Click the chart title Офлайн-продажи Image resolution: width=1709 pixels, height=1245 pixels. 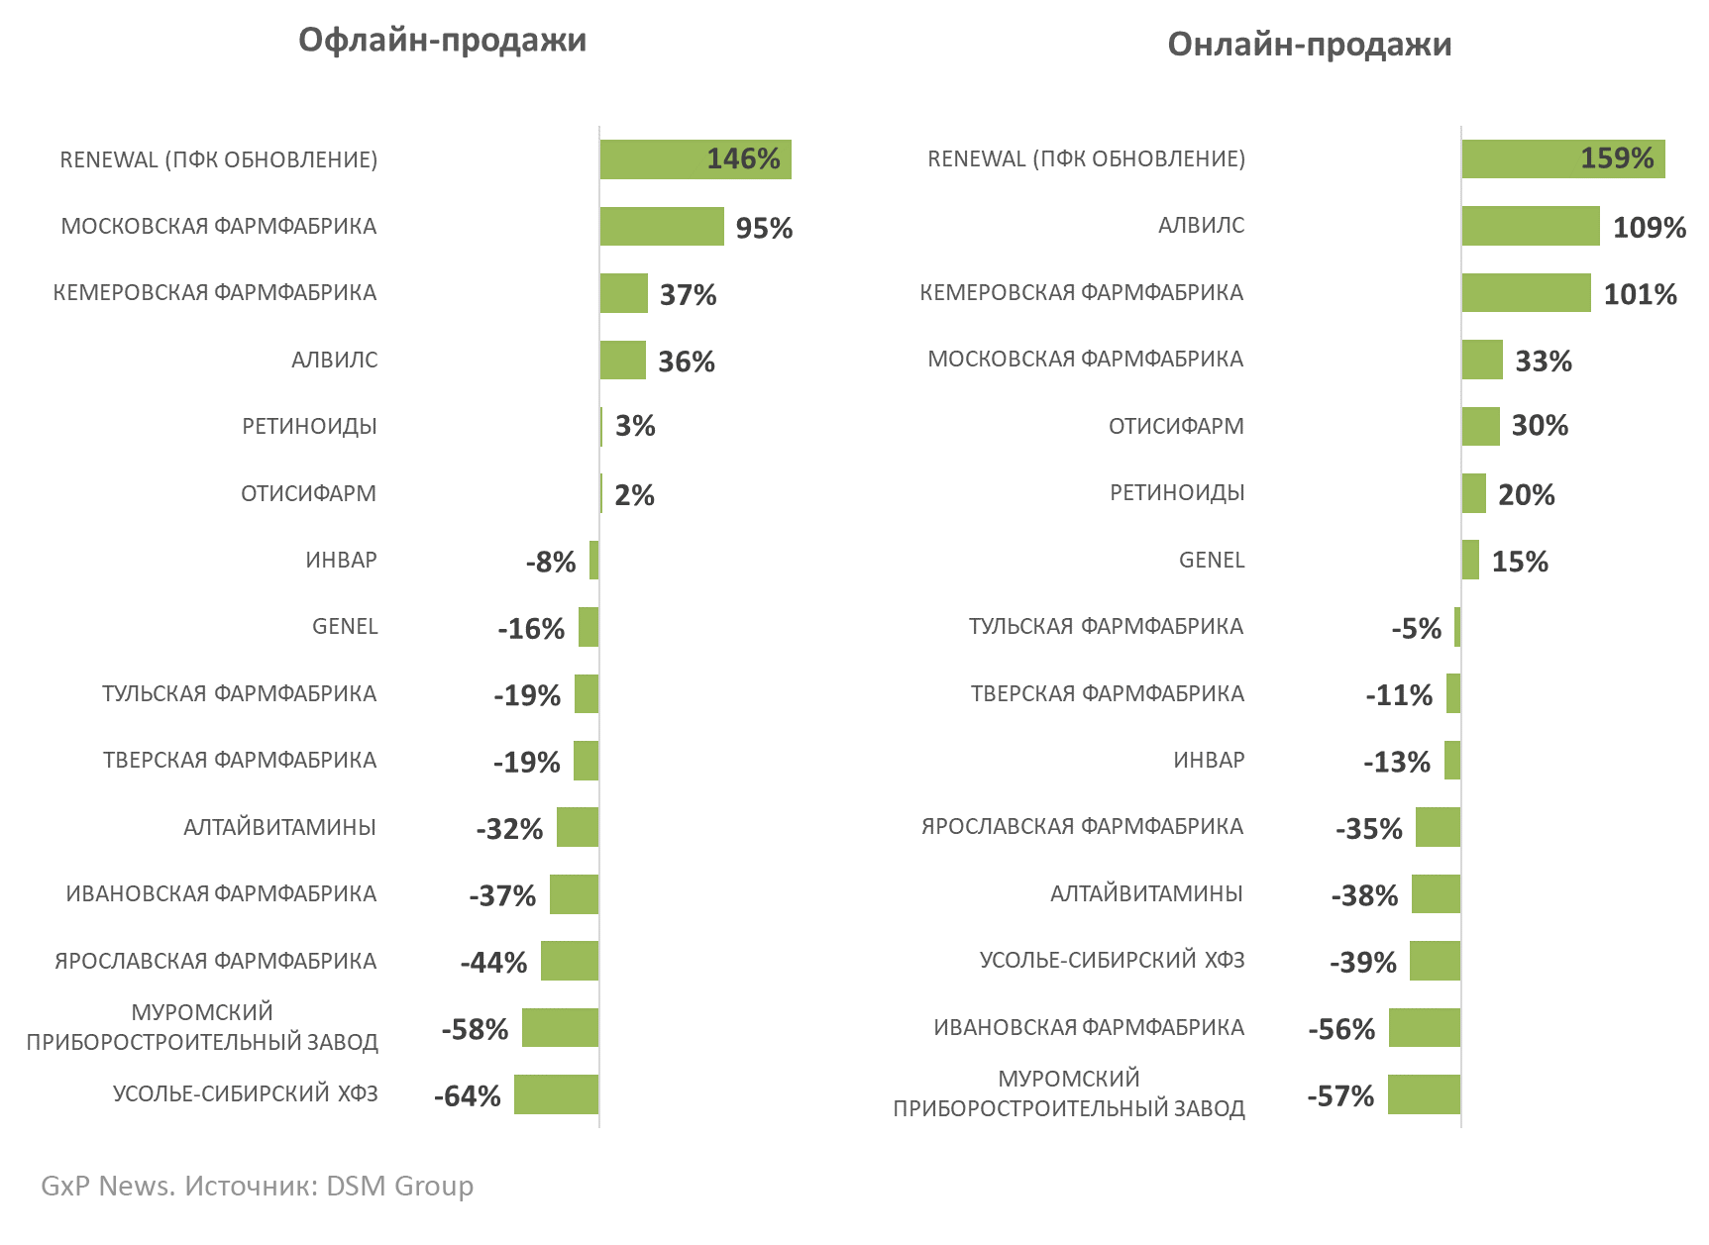tap(442, 40)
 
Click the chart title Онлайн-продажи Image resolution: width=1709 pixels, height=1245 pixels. tap(1309, 45)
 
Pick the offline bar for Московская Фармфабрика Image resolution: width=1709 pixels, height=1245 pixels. tap(661, 226)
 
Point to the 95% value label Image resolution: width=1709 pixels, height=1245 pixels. tap(764, 228)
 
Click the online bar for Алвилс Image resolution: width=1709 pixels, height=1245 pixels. tap(1530, 226)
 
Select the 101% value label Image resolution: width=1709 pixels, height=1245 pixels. tap(1640, 294)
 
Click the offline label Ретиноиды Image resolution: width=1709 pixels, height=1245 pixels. tap(309, 427)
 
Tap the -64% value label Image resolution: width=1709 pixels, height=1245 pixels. tap(467, 1096)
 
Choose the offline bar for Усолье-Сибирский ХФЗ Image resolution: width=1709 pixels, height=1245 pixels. tap(556, 1094)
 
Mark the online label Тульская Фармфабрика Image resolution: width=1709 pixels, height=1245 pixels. tap(1106, 627)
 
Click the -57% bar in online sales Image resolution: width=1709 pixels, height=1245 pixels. tap(1424, 1094)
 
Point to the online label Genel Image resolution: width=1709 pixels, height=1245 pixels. tap(1211, 561)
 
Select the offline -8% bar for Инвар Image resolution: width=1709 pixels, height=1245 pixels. tap(593, 561)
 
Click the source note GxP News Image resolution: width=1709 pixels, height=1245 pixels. tap(257, 1186)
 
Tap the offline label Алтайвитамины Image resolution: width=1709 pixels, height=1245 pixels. tap(279, 828)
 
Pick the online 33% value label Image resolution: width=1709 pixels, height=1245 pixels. tap(1543, 362)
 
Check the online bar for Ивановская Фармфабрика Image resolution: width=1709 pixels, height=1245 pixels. tap(1424, 1028)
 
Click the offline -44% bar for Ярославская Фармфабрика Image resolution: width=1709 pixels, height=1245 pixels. tap(569, 961)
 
